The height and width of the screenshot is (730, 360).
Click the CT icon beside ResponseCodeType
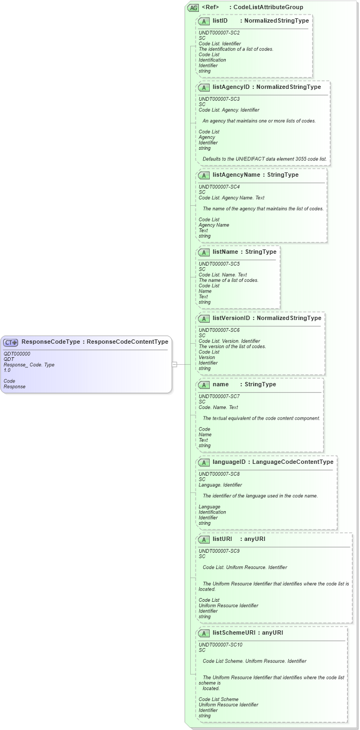[11, 342]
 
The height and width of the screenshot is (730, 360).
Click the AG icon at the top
[193, 8]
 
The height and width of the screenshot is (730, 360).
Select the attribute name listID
[220, 21]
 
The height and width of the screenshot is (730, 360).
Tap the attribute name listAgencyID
[231, 87]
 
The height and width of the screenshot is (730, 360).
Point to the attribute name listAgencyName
[236, 175]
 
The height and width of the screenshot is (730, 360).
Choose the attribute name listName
[225, 252]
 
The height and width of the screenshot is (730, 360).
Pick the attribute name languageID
[229, 462]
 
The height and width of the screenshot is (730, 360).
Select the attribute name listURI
[222, 539]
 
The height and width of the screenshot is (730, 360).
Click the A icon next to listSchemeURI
[204, 633]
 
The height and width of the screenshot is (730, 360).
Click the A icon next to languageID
[204, 462]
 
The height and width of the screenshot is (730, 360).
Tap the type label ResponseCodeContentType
[128, 342]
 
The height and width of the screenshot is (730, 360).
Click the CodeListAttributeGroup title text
[268, 8]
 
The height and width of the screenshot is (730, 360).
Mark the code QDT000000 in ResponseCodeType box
[17, 354]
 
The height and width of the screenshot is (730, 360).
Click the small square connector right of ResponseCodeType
[174, 365]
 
